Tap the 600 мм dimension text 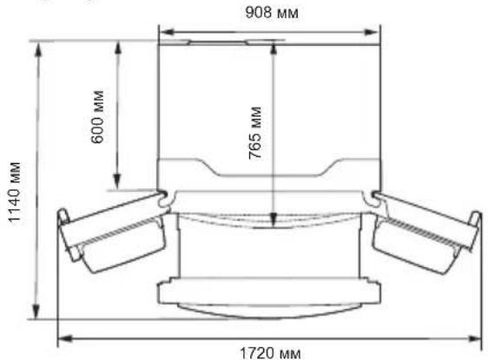point(97,116)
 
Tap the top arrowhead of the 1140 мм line point(37,45)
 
